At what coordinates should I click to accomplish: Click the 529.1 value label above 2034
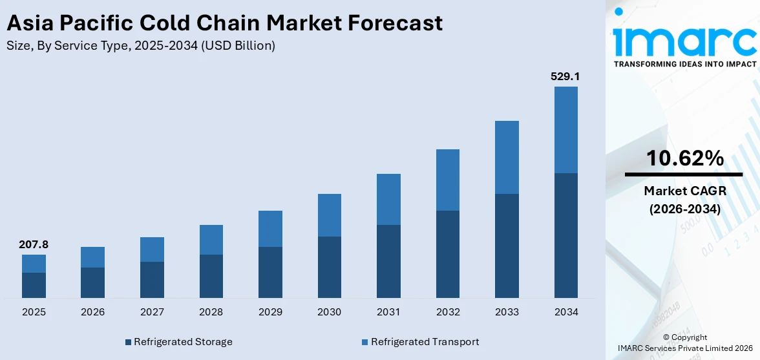coord(565,76)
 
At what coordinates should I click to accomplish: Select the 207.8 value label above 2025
coord(34,244)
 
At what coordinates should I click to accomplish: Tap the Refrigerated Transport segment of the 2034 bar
coord(565,130)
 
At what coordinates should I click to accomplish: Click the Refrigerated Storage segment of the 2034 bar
coord(565,235)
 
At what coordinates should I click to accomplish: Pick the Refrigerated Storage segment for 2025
coord(34,285)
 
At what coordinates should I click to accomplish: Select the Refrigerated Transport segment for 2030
coord(329,215)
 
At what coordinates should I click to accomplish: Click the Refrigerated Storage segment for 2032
coord(447,254)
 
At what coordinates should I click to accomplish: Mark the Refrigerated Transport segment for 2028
coord(211,240)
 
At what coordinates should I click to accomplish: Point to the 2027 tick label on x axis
coord(152,312)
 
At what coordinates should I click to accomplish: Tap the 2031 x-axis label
coord(388,312)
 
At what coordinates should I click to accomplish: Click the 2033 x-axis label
coord(507,312)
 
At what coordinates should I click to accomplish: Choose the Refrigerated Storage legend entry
coord(178,341)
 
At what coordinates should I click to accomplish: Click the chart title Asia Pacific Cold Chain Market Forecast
coord(224,23)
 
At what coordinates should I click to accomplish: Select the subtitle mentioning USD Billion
coord(140,46)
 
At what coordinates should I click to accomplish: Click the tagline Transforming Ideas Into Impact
coord(684,64)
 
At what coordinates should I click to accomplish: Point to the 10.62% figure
coord(684,158)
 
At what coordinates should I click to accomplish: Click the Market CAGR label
coord(684,191)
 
